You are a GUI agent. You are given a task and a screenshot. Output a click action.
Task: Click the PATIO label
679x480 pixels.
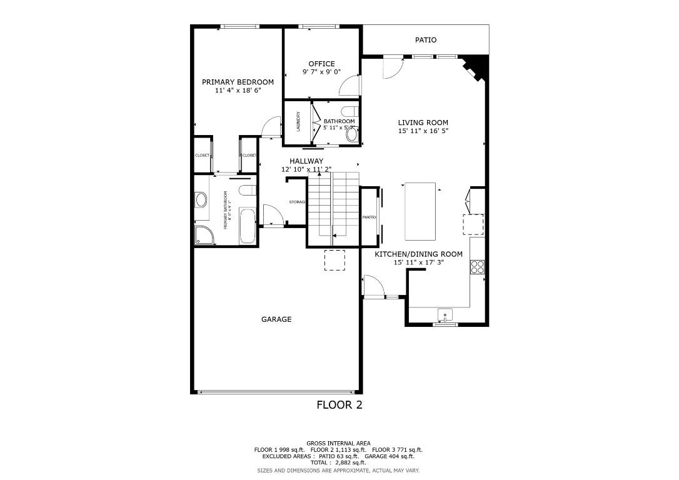coord(426,40)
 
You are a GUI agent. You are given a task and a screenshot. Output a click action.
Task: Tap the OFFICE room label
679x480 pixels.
coord(321,64)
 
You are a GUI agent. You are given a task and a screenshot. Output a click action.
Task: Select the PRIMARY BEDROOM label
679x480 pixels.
coord(238,82)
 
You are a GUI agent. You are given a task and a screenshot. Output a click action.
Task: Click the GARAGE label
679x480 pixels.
coord(276,319)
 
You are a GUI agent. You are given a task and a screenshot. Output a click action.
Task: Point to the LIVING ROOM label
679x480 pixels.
coord(423,122)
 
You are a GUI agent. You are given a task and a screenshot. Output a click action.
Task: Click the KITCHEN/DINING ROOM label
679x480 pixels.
coord(418,254)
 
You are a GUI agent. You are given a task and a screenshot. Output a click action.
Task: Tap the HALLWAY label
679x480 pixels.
coord(306,161)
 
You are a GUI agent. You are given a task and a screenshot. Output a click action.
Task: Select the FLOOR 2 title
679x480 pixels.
coord(339,405)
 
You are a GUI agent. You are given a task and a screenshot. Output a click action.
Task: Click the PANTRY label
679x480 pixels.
coord(369,217)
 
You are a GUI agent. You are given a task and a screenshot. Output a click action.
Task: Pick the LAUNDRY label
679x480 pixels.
coord(299,121)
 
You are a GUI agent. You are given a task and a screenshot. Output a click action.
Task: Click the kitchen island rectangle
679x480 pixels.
coord(420,211)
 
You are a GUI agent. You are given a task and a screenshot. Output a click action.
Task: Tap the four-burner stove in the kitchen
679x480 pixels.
coord(478,267)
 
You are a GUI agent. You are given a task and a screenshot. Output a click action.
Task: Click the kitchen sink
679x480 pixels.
coord(445,314)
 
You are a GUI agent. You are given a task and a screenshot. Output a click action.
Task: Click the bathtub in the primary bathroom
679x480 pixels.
coord(248,227)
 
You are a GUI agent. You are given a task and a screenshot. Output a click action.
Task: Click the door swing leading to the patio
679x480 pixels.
coord(392,67)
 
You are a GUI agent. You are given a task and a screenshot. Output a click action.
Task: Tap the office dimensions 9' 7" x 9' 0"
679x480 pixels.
coord(321,72)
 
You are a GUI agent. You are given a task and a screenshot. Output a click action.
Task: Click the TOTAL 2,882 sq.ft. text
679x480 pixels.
coord(338,463)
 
